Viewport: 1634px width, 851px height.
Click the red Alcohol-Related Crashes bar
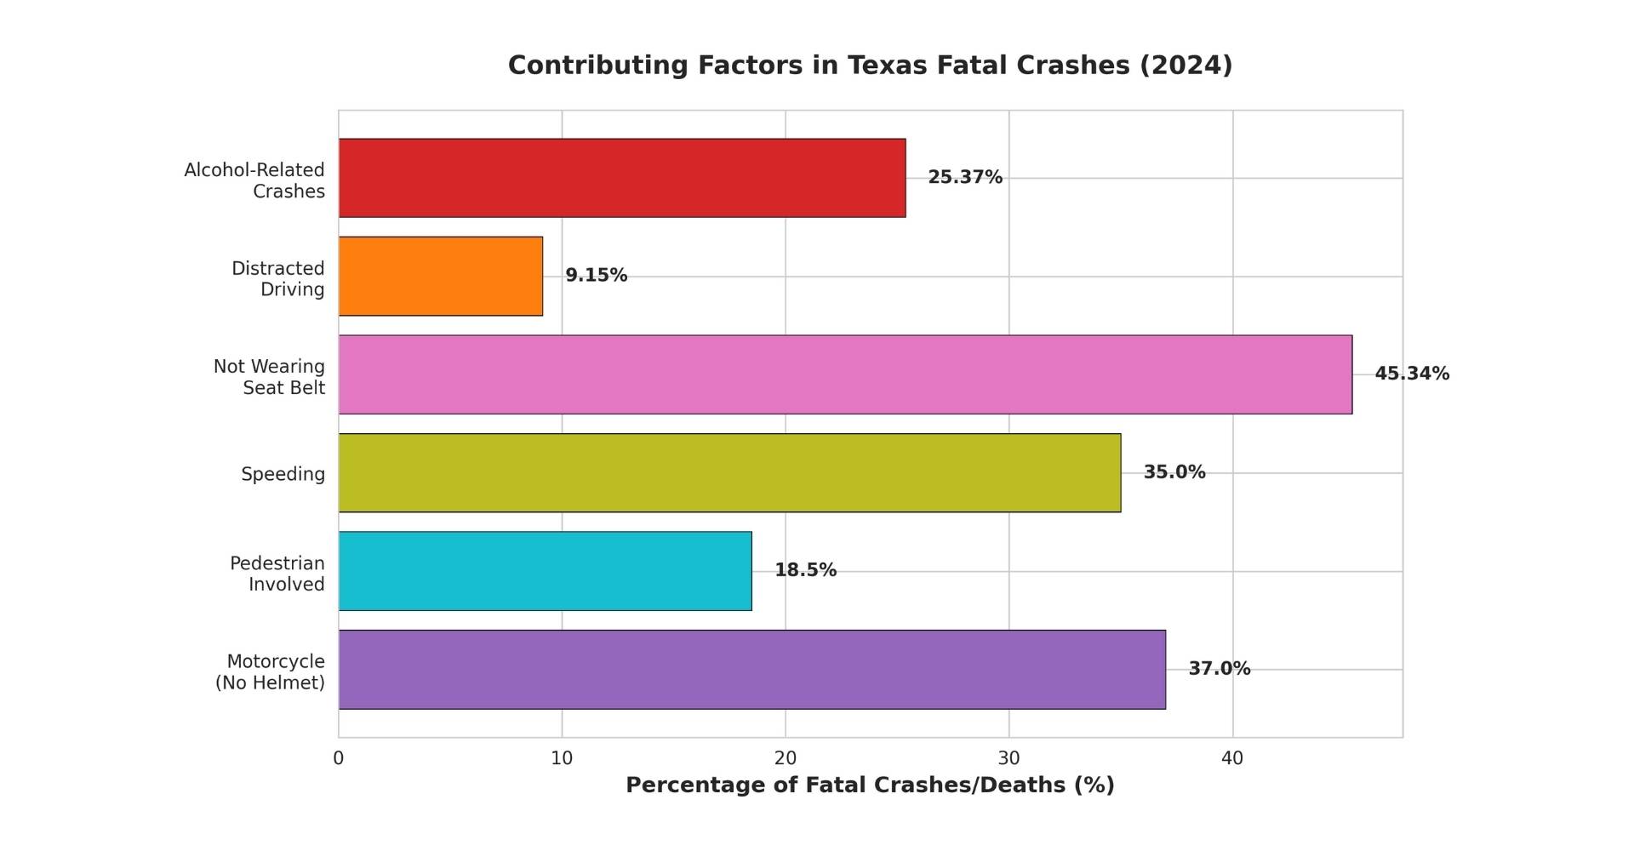pyautogui.click(x=621, y=178)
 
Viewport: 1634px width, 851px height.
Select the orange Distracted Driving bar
pyautogui.click(x=441, y=276)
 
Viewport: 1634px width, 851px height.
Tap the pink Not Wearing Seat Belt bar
pyautogui.click(x=844, y=374)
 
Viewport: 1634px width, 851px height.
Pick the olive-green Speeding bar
pyautogui.click(x=729, y=473)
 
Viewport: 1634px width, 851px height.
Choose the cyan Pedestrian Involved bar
pyautogui.click(x=545, y=571)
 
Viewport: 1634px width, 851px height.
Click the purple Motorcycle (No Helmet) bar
pyautogui.click(x=751, y=670)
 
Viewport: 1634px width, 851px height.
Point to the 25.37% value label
pyautogui.click(x=964, y=178)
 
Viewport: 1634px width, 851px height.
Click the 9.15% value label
pyautogui.click(x=596, y=276)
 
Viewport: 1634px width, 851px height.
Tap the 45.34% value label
pyautogui.click(x=1411, y=374)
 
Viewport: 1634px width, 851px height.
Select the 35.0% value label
pyautogui.click(x=1174, y=472)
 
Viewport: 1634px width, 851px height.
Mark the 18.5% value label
pyautogui.click(x=805, y=571)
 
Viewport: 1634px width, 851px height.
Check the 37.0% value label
pyautogui.click(x=1219, y=669)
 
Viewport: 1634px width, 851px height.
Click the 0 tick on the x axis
pyautogui.click(x=339, y=758)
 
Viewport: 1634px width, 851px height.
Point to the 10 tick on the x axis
pyautogui.click(x=562, y=758)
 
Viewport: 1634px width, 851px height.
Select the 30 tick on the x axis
pyautogui.click(x=1008, y=758)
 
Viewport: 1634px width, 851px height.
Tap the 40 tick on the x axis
pyautogui.click(x=1232, y=758)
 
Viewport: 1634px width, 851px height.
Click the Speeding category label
pyautogui.click(x=283, y=474)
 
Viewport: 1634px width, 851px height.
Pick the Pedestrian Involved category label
pyautogui.click(x=277, y=574)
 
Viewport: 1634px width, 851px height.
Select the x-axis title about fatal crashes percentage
pyautogui.click(x=870, y=785)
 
